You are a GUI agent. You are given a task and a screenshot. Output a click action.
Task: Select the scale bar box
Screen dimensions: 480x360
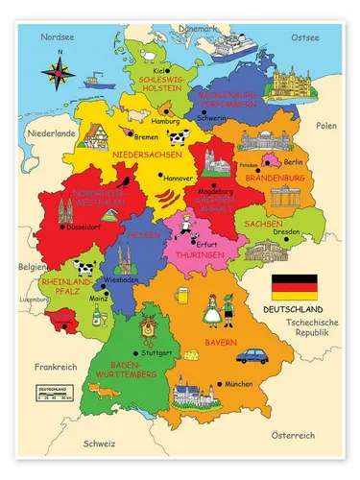[x=55, y=394]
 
